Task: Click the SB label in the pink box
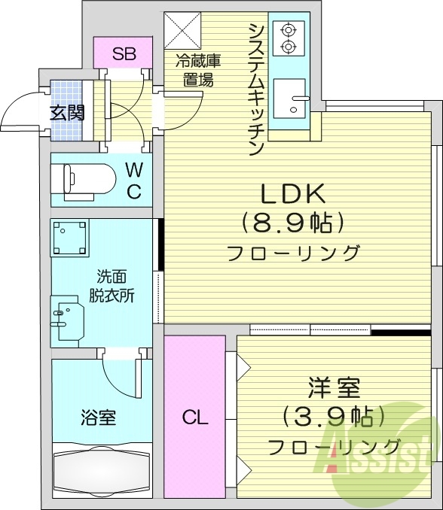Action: point(124,53)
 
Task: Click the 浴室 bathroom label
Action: point(98,417)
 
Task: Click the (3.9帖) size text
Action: point(334,416)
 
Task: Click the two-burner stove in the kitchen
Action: point(288,39)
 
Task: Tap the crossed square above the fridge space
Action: point(182,30)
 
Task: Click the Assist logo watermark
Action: point(381,451)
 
